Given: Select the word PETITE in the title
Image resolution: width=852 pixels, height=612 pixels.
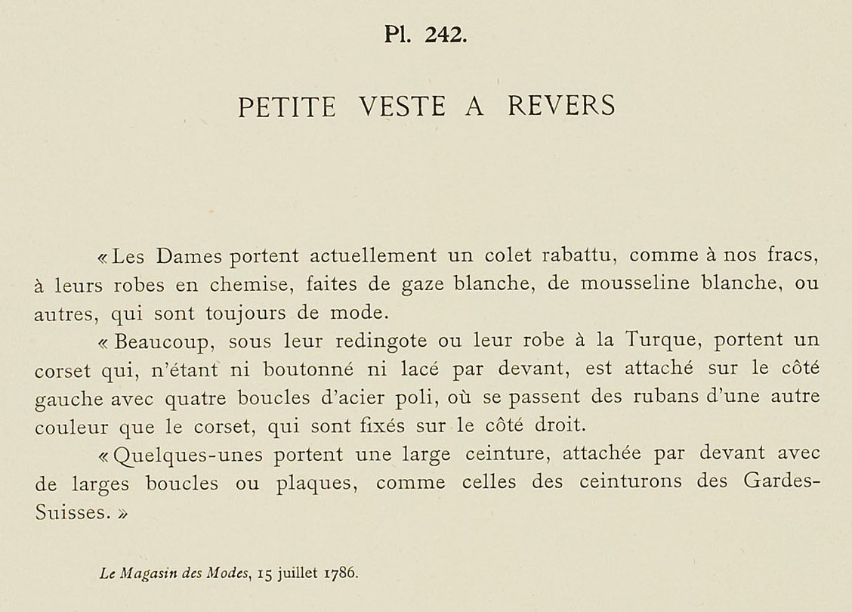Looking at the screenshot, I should tap(287, 107).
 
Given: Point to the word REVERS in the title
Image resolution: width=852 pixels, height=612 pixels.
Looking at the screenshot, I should tap(561, 107).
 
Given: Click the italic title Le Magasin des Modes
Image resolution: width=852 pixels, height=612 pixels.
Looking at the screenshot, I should tap(175, 572).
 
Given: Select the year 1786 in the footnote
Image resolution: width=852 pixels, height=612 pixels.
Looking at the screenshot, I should tap(341, 572).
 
